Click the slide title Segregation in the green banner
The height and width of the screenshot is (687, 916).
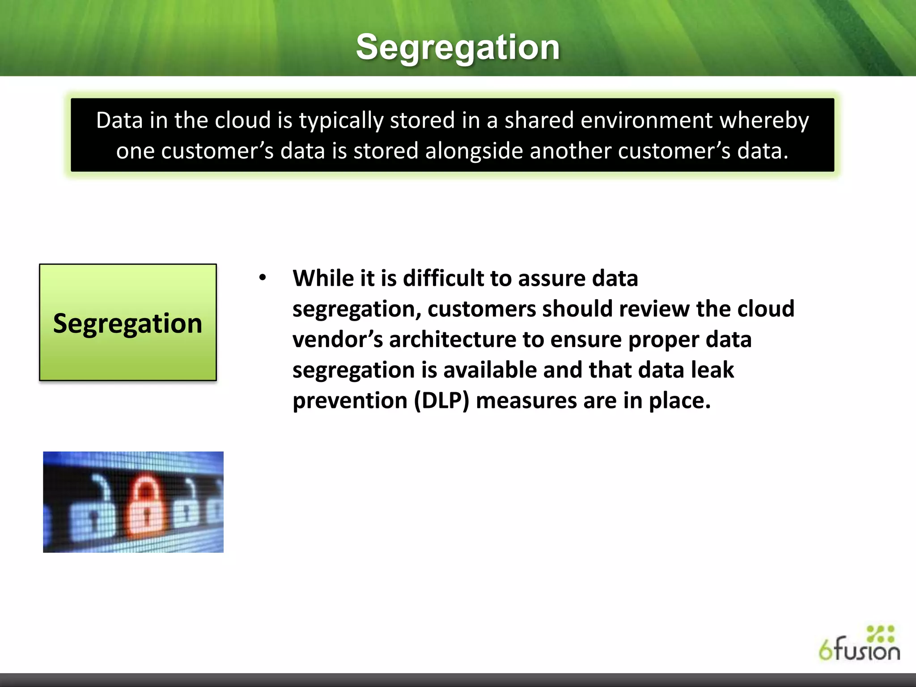[458, 47]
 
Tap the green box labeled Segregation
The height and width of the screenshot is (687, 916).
[128, 322]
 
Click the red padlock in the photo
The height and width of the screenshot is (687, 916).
[144, 508]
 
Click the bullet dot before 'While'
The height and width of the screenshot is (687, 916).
[263, 278]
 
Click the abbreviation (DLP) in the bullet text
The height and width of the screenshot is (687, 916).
[441, 400]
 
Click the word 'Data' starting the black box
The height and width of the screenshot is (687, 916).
[119, 120]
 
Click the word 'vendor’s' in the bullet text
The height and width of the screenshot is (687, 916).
[337, 339]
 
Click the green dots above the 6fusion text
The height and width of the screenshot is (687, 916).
[880, 634]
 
